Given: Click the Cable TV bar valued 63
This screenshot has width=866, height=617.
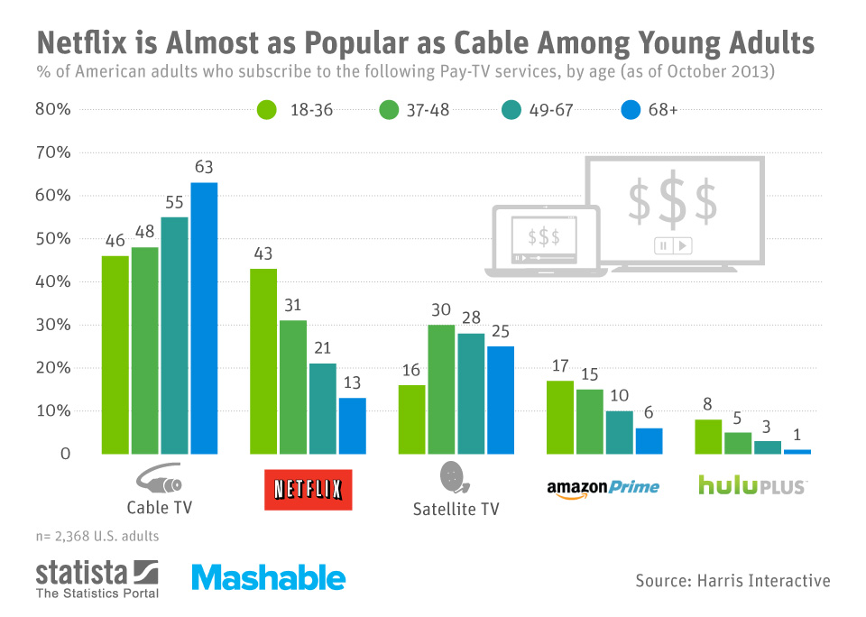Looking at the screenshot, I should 204,318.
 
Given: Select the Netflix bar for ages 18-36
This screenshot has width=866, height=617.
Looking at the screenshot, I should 263,361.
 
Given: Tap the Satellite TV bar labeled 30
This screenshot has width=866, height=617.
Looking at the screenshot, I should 442,389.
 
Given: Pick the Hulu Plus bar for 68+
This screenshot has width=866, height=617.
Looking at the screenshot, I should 797,451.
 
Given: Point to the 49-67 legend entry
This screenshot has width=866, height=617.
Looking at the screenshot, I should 539,110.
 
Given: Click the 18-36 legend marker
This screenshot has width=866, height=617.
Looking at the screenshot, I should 265,110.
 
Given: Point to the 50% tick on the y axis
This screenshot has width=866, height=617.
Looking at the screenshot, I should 52,239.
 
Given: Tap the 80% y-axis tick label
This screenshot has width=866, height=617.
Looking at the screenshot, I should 52,110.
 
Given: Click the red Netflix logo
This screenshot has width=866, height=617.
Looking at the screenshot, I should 308,489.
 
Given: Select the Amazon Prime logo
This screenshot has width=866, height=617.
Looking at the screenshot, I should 603,488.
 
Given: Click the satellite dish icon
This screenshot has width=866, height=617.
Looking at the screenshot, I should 451,477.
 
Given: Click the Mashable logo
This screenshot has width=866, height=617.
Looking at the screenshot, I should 268,578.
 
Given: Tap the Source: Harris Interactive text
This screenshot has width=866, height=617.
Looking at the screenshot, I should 732,580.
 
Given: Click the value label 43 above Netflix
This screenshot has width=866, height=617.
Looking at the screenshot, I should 263,253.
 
